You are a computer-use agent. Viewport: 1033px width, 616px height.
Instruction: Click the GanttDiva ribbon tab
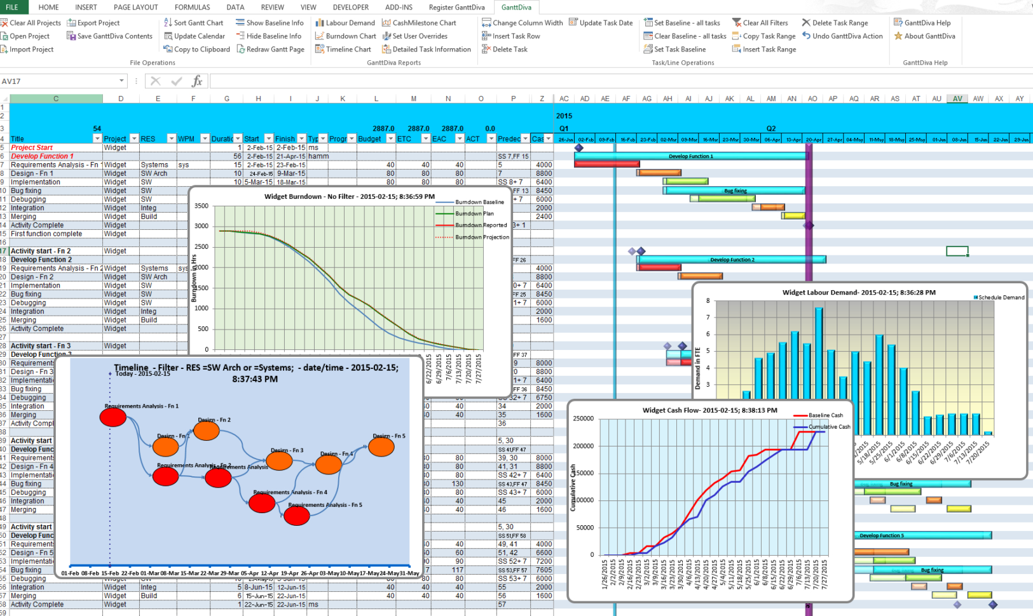516,7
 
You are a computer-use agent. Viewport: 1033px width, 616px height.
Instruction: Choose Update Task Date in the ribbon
601,23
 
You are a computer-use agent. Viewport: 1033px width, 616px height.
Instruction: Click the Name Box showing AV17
60,81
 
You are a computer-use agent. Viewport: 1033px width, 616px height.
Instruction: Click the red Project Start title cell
32,147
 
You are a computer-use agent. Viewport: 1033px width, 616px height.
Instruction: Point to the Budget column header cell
370,139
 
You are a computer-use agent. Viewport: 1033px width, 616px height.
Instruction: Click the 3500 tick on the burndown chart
202,206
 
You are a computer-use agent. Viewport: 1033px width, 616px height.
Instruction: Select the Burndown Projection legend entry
481,237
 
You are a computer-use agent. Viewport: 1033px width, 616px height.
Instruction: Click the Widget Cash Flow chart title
709,410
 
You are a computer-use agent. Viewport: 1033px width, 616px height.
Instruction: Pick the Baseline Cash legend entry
825,415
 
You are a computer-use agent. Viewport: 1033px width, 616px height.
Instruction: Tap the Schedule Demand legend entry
1001,297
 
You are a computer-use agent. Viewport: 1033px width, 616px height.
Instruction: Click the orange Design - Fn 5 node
381,446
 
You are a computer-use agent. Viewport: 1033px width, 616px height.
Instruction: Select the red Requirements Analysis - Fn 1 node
113,417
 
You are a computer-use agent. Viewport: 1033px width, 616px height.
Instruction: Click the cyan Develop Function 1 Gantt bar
690,156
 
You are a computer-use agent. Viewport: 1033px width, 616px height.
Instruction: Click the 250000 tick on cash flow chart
584,418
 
